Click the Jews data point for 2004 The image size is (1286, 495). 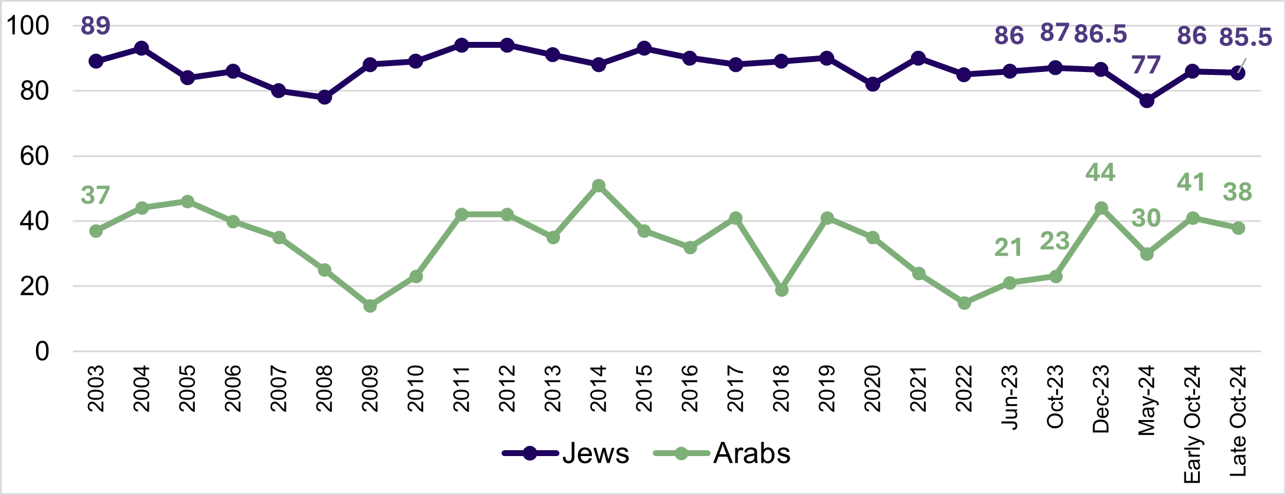coord(142,48)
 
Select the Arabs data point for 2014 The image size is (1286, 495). coord(598,186)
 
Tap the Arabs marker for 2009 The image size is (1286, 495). coord(370,306)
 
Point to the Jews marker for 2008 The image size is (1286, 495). coord(324,97)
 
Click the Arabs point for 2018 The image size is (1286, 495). coord(782,290)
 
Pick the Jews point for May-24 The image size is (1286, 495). coord(1147,101)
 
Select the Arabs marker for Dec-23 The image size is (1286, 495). coord(1101,208)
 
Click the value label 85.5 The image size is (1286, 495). coord(1245,37)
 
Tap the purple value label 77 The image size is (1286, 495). coord(1146,65)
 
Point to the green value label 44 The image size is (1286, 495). coord(1100,172)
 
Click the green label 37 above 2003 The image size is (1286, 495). coord(95,195)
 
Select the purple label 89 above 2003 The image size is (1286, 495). coord(95,26)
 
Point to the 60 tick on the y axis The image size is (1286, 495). coord(34,156)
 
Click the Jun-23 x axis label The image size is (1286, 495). coord(1010,396)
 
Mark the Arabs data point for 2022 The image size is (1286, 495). coord(964,303)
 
